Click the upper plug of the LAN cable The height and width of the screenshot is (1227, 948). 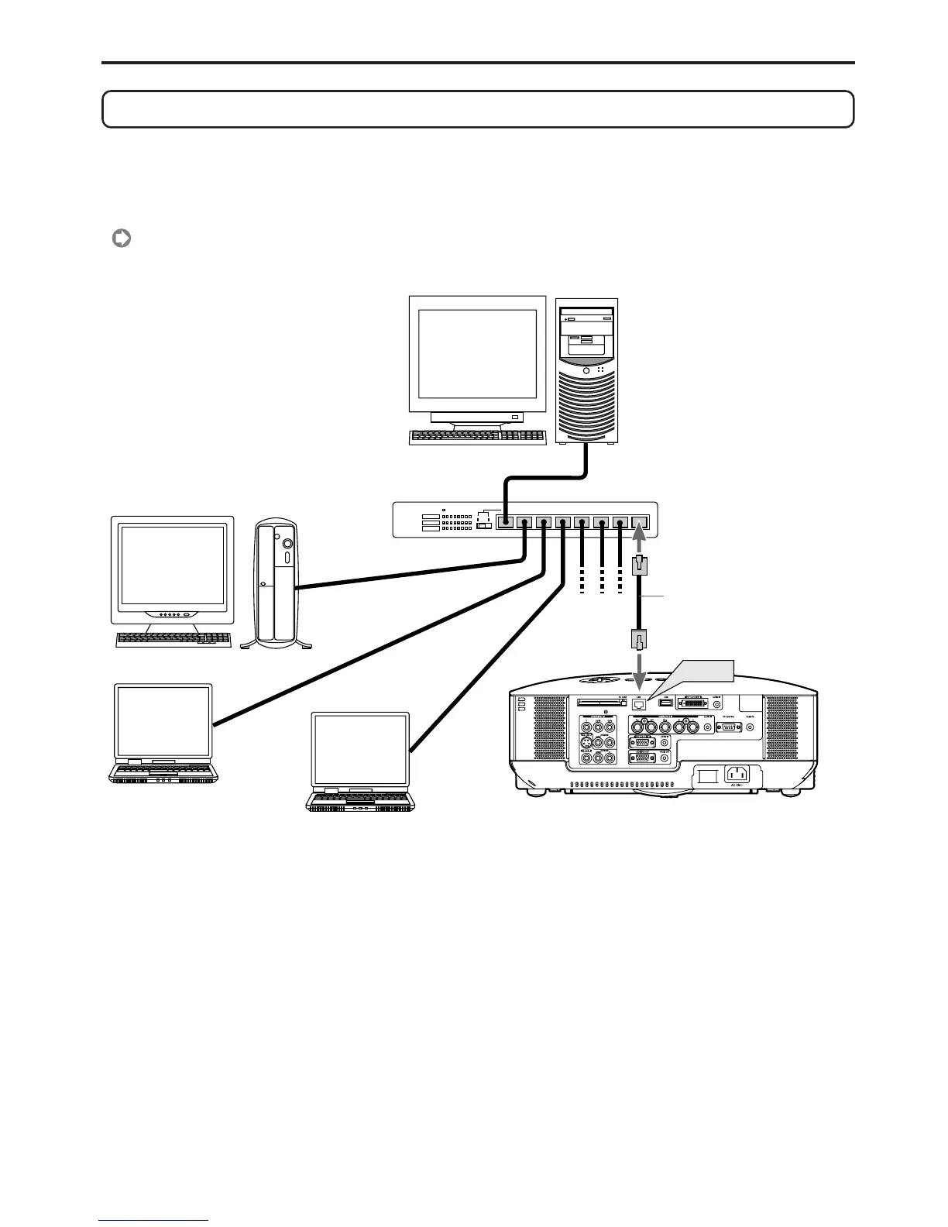640,565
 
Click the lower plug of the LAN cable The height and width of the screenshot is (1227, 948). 640,640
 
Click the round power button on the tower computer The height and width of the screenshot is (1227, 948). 586,371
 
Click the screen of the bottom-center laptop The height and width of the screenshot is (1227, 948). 360,751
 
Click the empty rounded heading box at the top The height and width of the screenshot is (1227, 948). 478,108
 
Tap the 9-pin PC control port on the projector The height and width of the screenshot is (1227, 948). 728,727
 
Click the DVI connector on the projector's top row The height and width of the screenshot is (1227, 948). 692,703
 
